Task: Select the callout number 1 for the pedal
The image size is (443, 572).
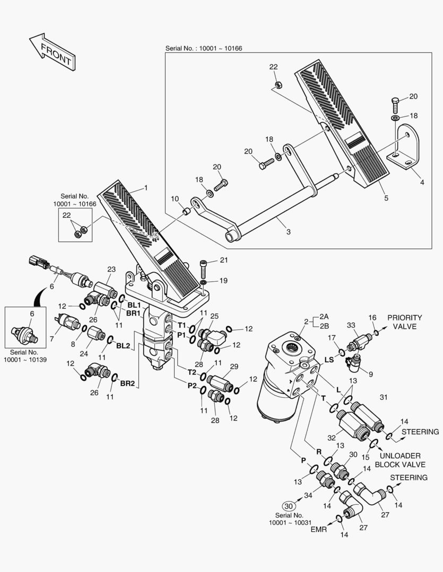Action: [x=146, y=187]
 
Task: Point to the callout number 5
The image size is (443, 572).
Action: [x=386, y=198]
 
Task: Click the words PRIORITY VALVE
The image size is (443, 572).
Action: [x=405, y=322]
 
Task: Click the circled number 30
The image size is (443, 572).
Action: [x=289, y=505]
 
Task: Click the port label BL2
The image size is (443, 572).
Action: [x=123, y=345]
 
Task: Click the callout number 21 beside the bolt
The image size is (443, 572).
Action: [x=223, y=260]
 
